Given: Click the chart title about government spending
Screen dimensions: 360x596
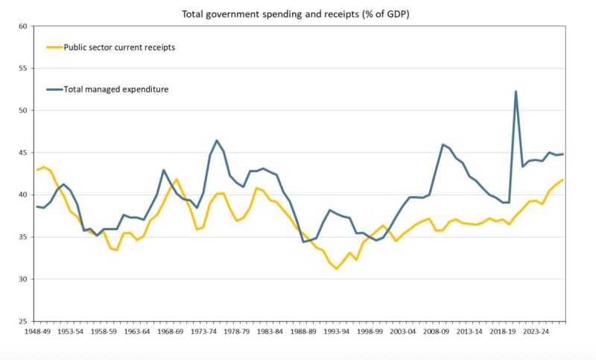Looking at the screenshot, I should [297, 13].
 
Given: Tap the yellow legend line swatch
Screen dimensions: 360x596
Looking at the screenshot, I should [57, 47].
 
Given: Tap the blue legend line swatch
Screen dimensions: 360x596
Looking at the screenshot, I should [57, 89].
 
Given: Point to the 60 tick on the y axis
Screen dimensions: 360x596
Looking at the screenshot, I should [22, 26].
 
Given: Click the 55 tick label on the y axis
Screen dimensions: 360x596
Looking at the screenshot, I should [22, 69].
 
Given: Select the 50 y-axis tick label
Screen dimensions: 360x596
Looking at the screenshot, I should [22, 110].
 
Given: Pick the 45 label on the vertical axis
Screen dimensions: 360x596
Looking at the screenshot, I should [22, 153].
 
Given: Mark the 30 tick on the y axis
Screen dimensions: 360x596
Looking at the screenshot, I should [22, 280].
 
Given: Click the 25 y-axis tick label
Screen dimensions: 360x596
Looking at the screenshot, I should [22, 321].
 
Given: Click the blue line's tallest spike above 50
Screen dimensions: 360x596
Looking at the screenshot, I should [516, 92].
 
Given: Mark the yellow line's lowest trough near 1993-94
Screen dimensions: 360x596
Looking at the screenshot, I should [337, 268].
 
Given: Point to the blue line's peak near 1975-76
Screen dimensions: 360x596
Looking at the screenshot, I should [217, 140].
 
